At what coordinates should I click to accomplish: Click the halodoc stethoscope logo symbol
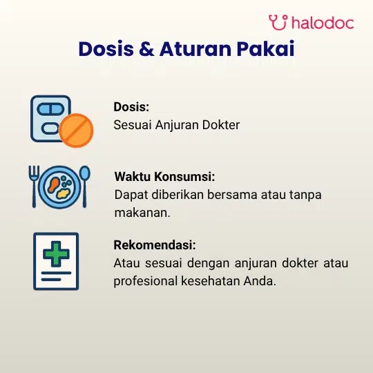pos(278,22)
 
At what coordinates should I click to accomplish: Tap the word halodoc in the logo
pos(323,23)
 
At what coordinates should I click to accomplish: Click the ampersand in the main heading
pos(146,49)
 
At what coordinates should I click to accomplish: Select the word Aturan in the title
pos(195,49)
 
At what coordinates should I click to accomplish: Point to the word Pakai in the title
pos(265,49)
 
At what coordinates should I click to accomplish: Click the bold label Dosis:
pos(131,107)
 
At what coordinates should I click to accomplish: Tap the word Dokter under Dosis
pos(221,125)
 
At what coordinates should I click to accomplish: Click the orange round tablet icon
pos(76,131)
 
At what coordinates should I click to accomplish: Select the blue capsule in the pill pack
pos(50,109)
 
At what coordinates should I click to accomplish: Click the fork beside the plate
pos(34,186)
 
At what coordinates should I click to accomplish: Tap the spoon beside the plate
pos(84,186)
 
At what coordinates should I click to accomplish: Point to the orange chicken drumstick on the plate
pos(53,185)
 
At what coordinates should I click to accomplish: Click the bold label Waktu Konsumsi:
pos(164,177)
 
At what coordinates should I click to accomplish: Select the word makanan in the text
pos(142,213)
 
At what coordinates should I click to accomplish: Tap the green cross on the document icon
pos(56,254)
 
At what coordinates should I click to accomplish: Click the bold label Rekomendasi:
pos(155,245)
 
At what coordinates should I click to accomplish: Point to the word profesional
pos(146,281)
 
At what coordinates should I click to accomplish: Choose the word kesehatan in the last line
pos(210,281)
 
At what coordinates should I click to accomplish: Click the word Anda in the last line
pos(260,281)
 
